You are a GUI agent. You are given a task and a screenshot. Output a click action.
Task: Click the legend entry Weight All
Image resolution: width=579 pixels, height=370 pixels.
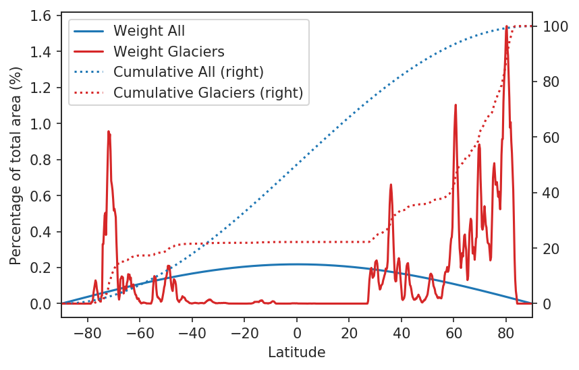(149, 31)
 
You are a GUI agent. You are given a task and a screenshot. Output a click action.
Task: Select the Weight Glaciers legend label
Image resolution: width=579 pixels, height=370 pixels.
(169, 51)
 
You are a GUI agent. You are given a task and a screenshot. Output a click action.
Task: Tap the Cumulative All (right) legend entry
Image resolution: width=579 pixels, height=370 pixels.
(188, 71)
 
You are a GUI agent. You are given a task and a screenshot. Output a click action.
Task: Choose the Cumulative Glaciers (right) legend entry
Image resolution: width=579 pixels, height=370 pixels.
(208, 92)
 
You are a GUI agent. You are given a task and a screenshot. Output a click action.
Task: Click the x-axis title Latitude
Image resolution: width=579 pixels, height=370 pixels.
(297, 352)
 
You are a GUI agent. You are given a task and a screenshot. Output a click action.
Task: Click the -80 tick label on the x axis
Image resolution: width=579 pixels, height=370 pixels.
(88, 332)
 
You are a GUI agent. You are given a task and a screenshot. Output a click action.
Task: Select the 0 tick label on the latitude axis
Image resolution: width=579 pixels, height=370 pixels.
(297, 332)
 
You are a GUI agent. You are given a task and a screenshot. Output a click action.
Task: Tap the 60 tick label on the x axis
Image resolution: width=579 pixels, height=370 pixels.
(453, 332)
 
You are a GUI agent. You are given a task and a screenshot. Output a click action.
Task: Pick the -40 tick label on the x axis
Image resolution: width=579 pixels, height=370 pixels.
(192, 332)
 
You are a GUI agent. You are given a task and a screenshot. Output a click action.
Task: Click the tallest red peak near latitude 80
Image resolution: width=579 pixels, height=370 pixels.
(506, 27)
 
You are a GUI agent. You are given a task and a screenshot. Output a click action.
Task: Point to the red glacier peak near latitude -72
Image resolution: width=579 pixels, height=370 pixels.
(108, 132)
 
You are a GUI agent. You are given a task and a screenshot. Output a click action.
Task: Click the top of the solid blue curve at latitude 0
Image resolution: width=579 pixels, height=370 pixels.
(297, 264)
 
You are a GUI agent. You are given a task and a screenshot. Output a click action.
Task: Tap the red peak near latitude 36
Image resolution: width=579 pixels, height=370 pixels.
(391, 185)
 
